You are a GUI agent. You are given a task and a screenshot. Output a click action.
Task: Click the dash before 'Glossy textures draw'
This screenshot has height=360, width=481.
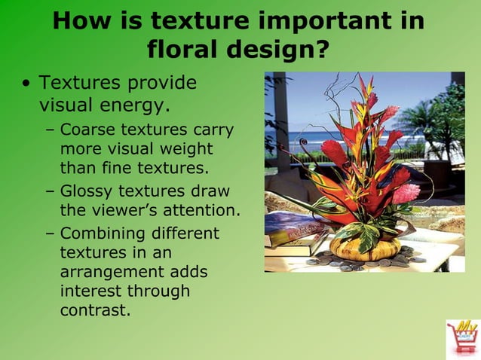pos(50,191)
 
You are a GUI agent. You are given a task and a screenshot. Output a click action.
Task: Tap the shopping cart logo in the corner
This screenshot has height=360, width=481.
pos(461,337)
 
